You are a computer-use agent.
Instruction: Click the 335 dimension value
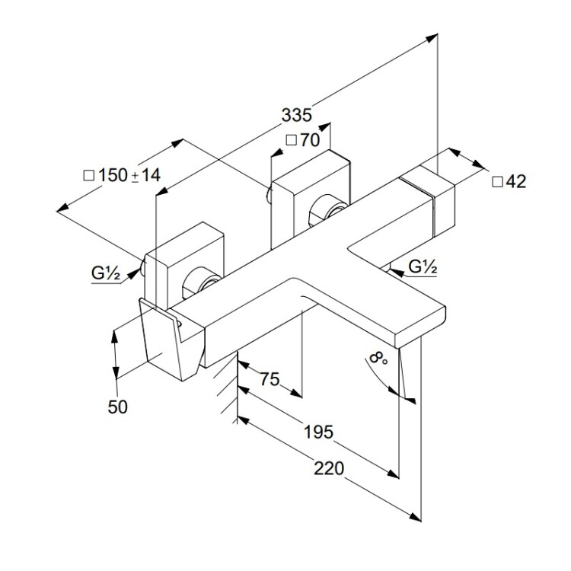(x=296, y=115)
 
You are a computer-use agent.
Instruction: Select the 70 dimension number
(x=309, y=141)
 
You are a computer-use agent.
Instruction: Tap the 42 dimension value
(x=515, y=181)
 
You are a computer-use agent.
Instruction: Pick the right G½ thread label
(x=423, y=266)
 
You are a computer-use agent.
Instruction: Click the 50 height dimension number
(x=117, y=407)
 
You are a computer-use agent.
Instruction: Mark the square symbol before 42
(x=497, y=181)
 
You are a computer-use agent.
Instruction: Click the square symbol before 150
(x=89, y=175)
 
